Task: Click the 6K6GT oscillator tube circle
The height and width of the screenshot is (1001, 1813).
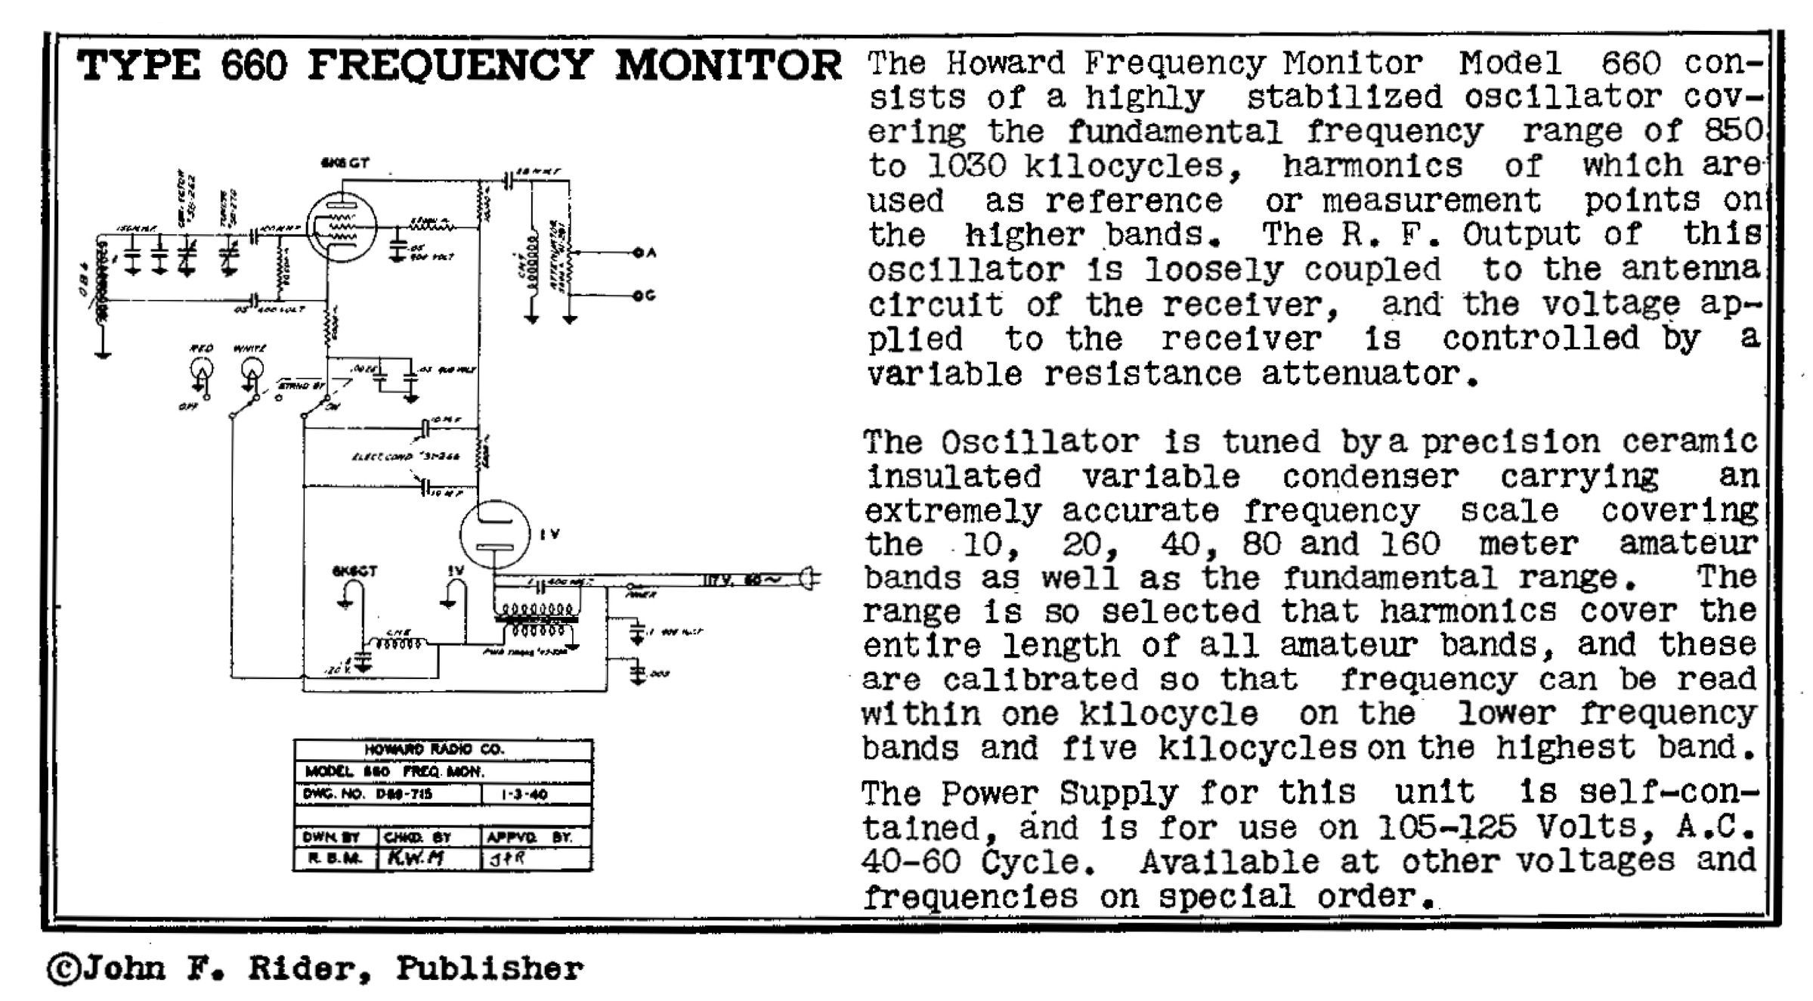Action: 342,225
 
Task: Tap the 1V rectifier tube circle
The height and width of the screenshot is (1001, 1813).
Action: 495,534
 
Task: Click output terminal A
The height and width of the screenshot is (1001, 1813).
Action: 639,253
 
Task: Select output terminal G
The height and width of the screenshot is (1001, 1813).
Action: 639,296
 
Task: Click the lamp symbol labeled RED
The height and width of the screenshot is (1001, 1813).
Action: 201,370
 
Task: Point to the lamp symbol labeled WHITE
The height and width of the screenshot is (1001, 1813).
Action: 252,370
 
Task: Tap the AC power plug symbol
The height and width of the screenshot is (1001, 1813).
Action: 810,579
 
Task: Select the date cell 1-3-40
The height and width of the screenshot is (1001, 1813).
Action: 524,795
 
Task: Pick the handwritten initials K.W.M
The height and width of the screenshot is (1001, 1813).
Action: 415,858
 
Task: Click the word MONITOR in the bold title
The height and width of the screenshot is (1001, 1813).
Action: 728,65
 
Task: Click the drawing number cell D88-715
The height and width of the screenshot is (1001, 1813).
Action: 404,795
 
